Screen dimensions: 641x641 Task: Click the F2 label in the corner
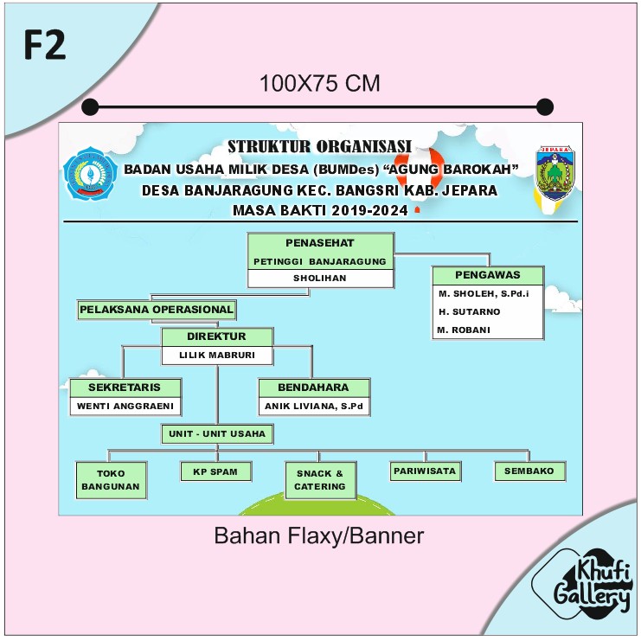45,45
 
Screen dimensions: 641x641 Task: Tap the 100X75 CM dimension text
320,84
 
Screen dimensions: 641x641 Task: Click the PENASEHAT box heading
320,242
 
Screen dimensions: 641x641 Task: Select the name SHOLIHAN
320,279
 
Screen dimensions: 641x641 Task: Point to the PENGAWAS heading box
488,275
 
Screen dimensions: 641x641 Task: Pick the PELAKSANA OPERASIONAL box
157,309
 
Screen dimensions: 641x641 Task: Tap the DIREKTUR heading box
217,337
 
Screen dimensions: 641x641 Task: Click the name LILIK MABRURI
217,355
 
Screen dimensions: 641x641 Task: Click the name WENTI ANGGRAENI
125,406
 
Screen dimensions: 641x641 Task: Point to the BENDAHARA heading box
314,388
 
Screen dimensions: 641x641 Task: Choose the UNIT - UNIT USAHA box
217,433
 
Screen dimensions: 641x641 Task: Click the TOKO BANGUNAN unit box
111,480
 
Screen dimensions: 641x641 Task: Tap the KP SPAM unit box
216,471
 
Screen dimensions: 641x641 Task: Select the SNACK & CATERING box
320,480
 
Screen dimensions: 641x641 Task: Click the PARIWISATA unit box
425,471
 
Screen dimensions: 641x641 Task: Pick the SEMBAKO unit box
529,471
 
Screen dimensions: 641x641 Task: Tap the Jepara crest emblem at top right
554,174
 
